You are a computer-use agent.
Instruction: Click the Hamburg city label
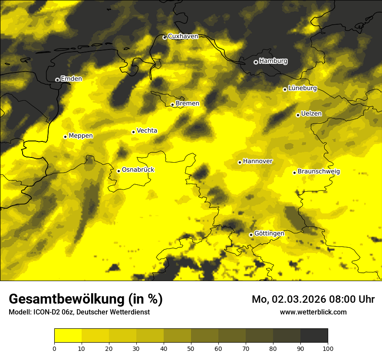tap(273, 61)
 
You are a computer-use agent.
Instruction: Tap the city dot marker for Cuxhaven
tap(165, 38)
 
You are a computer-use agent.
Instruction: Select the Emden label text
tap(71, 79)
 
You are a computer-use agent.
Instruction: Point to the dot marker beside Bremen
tap(172, 105)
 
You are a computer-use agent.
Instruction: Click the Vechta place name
tap(147, 131)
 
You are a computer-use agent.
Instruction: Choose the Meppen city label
tap(81, 136)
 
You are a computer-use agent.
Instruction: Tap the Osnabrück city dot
tap(119, 171)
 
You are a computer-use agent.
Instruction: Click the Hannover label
tap(257, 161)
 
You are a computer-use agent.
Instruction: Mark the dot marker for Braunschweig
tap(294, 173)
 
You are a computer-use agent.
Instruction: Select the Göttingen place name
tap(269, 233)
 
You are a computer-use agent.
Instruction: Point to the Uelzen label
tap(311, 114)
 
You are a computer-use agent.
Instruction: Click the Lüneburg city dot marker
tap(285, 89)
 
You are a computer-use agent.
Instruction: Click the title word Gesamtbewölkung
tap(66, 299)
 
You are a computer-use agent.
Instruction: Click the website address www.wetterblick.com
tap(313, 312)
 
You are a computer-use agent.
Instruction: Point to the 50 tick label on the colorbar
tap(191, 348)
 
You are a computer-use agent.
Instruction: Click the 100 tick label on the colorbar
tap(328, 348)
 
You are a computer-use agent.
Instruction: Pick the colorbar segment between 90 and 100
tap(314, 336)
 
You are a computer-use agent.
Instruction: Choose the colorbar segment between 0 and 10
tap(68, 336)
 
